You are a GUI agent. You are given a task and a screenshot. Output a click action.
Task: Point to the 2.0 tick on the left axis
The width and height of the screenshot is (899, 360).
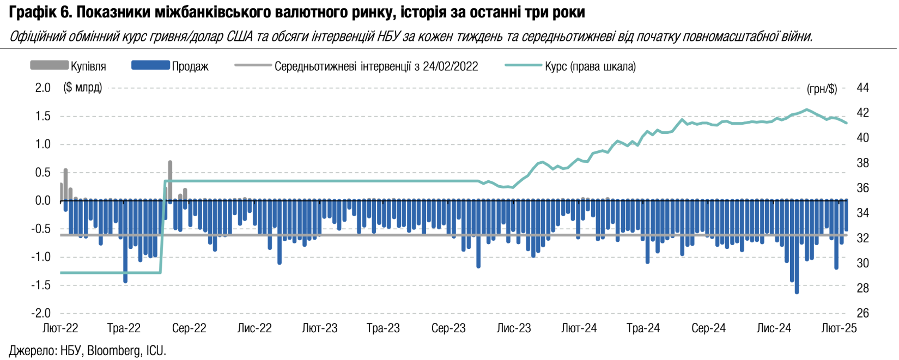pyautogui.click(x=42, y=88)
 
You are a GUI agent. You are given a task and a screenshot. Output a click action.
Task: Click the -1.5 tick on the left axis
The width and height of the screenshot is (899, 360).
pyautogui.click(x=41, y=285)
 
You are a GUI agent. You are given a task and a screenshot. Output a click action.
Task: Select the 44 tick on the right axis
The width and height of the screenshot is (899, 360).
pyautogui.click(x=862, y=88)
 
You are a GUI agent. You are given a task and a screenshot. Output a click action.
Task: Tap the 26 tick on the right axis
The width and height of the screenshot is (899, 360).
pyautogui.click(x=862, y=313)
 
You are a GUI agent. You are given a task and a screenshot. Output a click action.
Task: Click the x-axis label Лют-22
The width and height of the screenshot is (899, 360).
pyautogui.click(x=60, y=328)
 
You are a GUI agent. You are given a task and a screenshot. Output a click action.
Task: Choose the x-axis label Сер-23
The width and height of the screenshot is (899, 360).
pyautogui.click(x=448, y=328)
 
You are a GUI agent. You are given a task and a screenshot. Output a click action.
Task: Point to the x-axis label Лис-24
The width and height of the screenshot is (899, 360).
pyautogui.click(x=774, y=328)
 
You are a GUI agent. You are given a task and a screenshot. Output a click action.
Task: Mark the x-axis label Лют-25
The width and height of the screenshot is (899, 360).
pyautogui.click(x=839, y=328)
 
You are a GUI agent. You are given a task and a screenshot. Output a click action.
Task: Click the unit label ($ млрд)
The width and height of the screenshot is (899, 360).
pyautogui.click(x=83, y=88)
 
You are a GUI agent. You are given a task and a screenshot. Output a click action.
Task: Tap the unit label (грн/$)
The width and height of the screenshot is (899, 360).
pyautogui.click(x=822, y=89)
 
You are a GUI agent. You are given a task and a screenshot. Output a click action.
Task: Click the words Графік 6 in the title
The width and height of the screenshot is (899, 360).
pyautogui.click(x=40, y=12)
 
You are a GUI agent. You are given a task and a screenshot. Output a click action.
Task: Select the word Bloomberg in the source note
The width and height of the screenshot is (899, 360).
pyautogui.click(x=113, y=351)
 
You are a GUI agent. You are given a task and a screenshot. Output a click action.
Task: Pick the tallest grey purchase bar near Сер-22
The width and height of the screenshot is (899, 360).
pyautogui.click(x=171, y=180)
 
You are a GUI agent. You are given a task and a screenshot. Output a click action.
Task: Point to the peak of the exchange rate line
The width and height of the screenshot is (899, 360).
pyautogui.click(x=807, y=109)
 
